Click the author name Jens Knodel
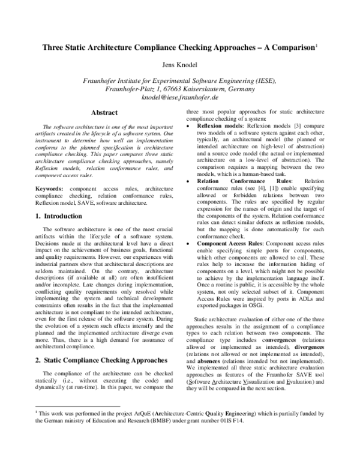pos(179,63)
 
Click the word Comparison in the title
pos(290,46)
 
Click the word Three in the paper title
pos(52,46)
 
